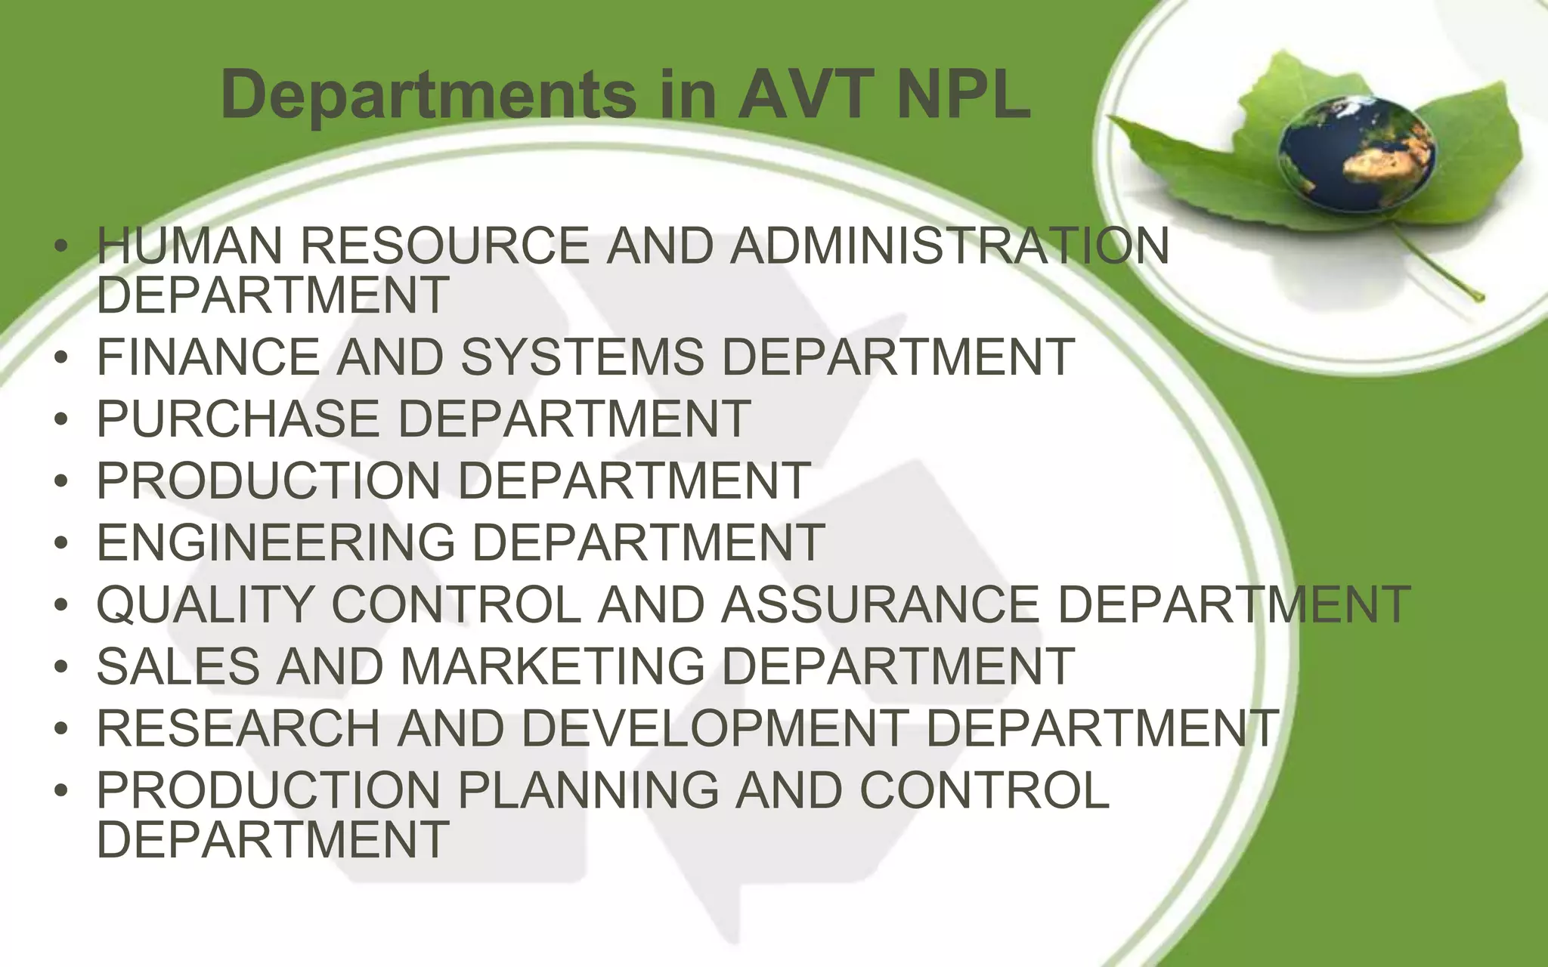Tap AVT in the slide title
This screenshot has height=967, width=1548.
tap(806, 95)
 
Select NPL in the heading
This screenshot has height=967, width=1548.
tap(964, 95)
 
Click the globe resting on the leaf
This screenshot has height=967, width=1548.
tap(1356, 156)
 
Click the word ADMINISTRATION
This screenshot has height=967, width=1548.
tap(949, 246)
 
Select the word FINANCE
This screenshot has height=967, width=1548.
tap(209, 357)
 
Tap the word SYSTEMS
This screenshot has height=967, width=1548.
tap(582, 357)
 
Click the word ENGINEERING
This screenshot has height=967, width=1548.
tap(276, 542)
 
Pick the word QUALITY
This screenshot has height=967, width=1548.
tap(205, 604)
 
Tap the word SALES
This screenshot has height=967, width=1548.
tap(178, 666)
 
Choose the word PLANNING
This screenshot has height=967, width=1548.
tap(588, 790)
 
